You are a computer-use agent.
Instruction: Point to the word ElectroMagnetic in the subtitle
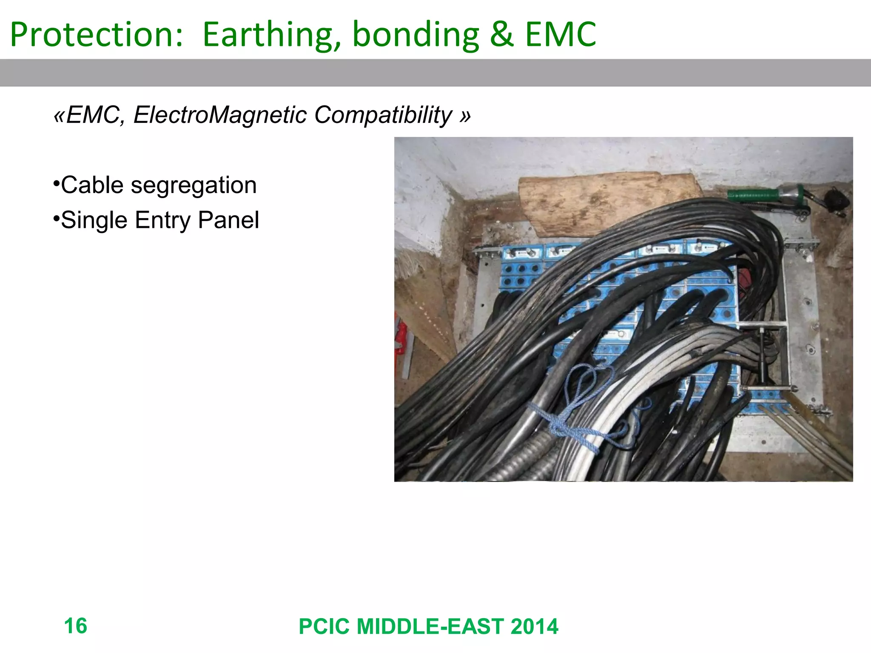coord(220,115)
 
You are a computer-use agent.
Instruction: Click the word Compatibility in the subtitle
coord(383,115)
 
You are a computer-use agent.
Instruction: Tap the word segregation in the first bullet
coord(194,185)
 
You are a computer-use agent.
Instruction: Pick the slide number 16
coord(75,626)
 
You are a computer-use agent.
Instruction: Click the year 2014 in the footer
coord(534,626)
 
